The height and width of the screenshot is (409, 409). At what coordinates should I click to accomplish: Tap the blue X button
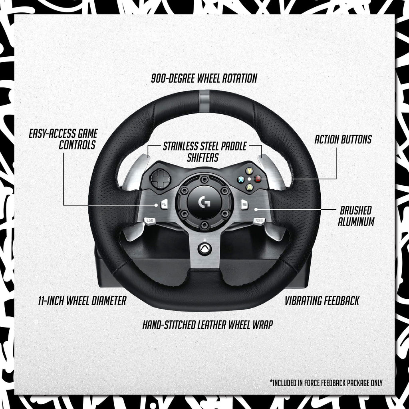tap(242, 179)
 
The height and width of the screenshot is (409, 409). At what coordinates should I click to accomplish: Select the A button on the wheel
tap(250, 187)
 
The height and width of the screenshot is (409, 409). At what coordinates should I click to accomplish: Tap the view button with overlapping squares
tap(164, 205)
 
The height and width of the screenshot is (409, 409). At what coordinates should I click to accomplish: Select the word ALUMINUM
tap(356, 222)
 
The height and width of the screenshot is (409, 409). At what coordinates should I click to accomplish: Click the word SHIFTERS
tap(203, 158)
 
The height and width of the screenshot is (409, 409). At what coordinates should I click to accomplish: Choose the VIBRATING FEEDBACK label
tap(322, 300)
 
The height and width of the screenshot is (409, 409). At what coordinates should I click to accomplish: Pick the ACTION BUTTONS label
tap(343, 139)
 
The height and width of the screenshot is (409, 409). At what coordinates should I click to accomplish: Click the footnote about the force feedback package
tap(326, 383)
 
